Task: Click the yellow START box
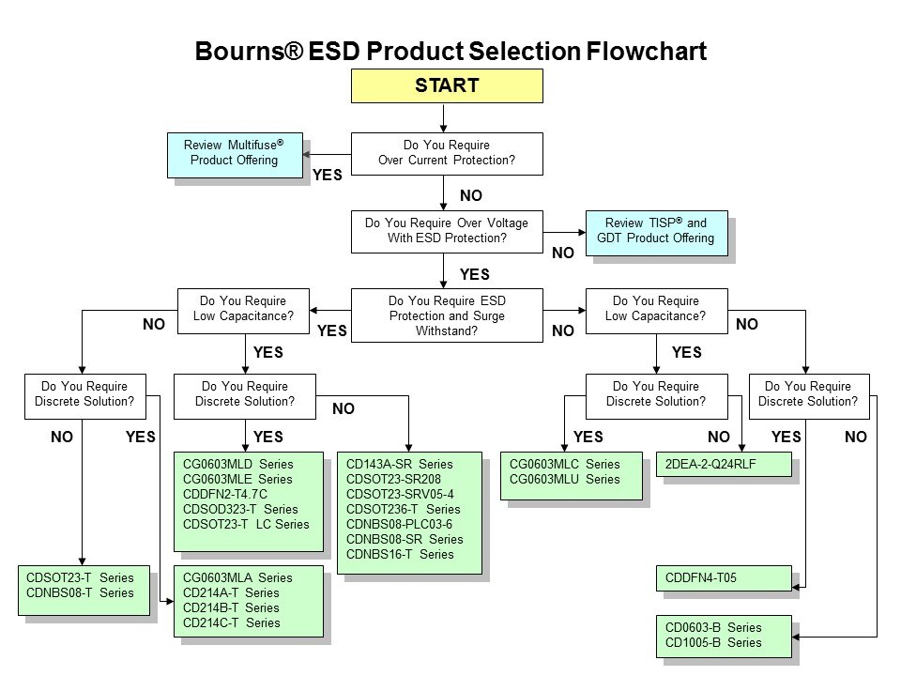[x=447, y=85]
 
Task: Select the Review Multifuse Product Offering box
[x=233, y=152]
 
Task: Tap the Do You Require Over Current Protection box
[x=447, y=153]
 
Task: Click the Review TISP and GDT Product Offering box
[x=656, y=231]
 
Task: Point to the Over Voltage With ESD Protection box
[x=447, y=231]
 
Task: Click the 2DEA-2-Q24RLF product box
[x=723, y=465]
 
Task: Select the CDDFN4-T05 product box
[x=723, y=578]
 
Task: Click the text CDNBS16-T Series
[x=400, y=554]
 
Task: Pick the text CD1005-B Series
[x=713, y=642]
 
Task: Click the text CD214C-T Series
[x=231, y=622]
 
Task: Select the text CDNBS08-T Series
[x=81, y=592]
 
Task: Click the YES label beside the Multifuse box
[x=327, y=174]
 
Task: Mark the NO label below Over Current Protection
[x=471, y=195]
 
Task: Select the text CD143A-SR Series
[x=400, y=464]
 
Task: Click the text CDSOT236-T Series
[x=404, y=509]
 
